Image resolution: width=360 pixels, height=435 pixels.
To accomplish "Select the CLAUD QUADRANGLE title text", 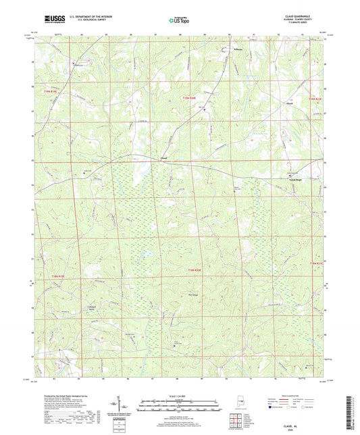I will click(305, 17).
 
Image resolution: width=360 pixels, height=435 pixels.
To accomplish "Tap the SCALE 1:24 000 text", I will click(180, 396).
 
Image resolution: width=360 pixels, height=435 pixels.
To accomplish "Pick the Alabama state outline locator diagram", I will click(229, 405).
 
